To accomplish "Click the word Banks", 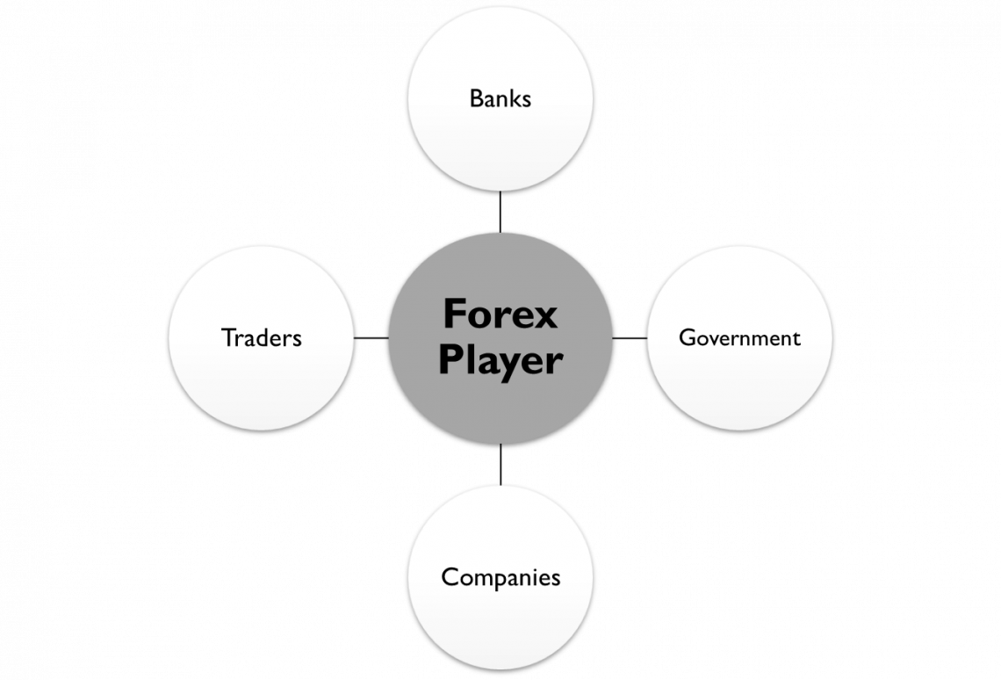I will coord(500,98).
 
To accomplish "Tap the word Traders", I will coord(262,337).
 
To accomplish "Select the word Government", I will coord(739,338).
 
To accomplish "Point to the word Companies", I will coord(500,577).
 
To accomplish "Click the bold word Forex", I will coord(500,314).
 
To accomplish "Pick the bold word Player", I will coord(500,360).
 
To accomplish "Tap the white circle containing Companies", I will coord(500,624).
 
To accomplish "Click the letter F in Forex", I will coord(454,314).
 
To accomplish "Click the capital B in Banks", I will coord(476,98).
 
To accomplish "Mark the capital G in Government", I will coord(688,337).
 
